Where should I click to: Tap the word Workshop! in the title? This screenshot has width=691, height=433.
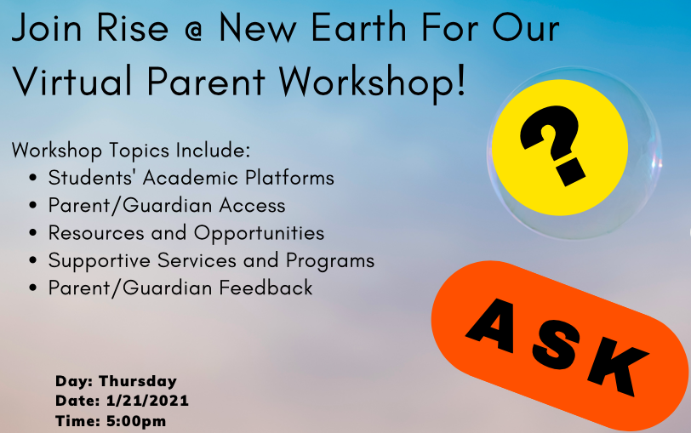tap(372, 82)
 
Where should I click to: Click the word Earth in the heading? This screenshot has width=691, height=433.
tap(359, 27)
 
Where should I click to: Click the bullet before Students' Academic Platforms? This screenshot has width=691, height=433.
tap(32, 179)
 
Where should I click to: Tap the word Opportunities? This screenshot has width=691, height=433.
tap(259, 234)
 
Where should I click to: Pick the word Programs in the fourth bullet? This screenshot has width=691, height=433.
tap(330, 261)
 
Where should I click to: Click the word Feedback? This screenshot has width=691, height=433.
tap(266, 288)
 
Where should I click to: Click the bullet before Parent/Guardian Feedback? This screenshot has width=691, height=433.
tap(32, 288)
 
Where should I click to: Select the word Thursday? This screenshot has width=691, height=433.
tap(138, 381)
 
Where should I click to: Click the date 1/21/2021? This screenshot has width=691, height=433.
tap(147, 401)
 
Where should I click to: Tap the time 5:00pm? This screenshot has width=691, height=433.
tap(136, 421)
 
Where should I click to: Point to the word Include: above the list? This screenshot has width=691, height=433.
tap(213, 151)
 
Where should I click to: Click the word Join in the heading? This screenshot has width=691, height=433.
tap(47, 28)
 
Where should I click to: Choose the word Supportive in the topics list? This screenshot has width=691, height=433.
tap(100, 261)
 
